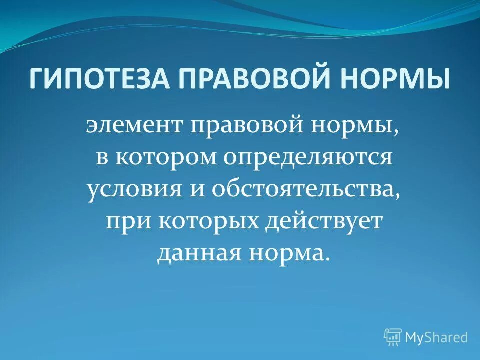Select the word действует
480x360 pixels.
coord(325,222)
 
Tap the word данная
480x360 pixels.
coord(197,254)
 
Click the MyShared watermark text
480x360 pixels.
coord(436,337)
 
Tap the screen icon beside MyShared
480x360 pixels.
coord(393,337)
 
